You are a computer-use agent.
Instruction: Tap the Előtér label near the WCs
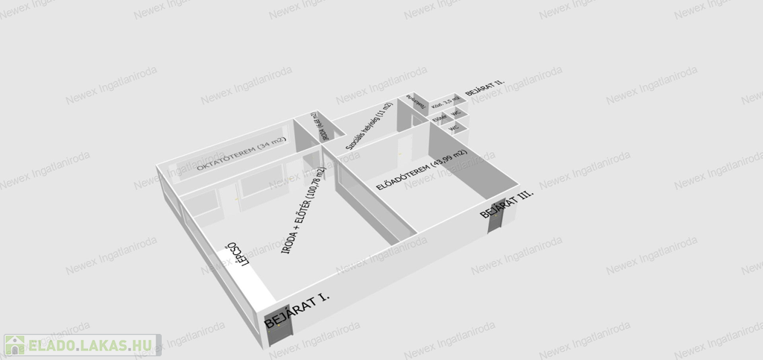tap(440, 117)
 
